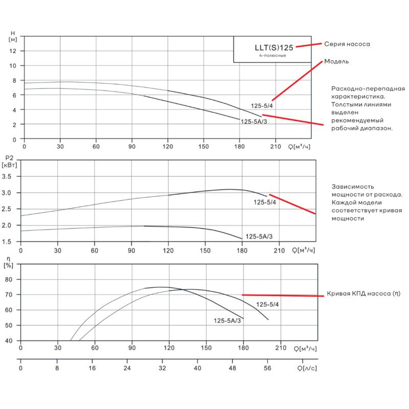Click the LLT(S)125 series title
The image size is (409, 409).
274,48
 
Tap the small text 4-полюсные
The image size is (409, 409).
272,55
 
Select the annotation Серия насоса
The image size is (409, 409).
347,44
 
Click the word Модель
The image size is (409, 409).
336,61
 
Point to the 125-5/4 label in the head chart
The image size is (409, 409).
262,106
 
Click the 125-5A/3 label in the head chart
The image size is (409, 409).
254,122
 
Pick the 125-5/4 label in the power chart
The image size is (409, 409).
264,202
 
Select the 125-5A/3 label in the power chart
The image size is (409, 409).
259,236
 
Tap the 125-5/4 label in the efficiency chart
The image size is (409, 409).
267,304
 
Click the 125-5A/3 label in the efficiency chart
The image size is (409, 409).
227,321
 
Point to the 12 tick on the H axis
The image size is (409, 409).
13,51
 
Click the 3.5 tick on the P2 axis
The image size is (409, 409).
7,176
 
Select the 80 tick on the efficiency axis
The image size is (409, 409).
9,279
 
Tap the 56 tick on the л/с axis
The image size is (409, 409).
267,368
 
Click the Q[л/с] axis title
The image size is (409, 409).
307,368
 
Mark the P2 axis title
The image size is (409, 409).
9,162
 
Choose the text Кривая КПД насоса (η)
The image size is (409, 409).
363,293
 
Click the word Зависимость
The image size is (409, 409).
353,187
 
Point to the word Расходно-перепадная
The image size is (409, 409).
368,88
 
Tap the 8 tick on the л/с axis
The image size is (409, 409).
57,368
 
